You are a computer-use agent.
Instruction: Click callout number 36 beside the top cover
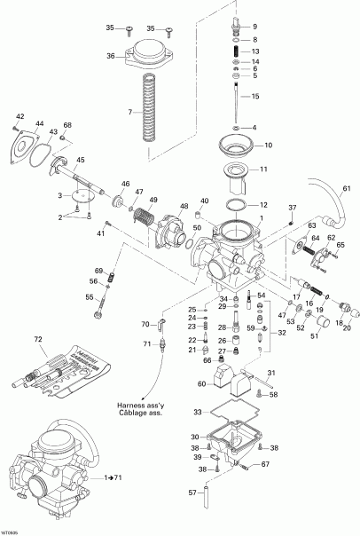(110, 56)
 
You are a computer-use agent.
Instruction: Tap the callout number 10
(268, 145)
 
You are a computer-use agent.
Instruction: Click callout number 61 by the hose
(347, 189)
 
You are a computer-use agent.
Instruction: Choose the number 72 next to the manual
(37, 340)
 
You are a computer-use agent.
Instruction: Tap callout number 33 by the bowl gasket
(197, 412)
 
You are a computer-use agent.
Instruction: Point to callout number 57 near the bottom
(192, 492)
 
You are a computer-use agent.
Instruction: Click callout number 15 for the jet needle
(255, 96)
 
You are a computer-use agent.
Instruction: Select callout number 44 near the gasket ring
(39, 124)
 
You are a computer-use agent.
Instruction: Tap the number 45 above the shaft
(80, 160)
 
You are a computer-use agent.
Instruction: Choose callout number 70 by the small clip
(145, 325)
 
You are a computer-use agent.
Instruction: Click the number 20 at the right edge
(347, 327)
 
